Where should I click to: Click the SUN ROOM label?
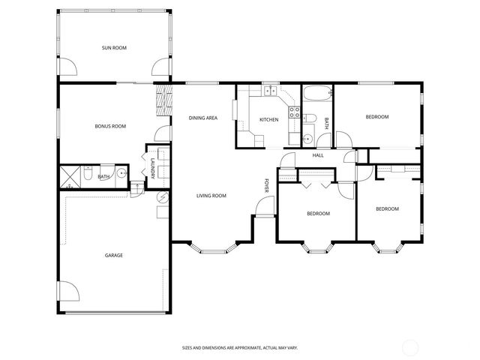tap(114, 48)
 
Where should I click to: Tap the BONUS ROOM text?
tap(109, 127)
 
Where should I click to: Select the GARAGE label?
tap(113, 255)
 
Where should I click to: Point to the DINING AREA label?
tap(202, 118)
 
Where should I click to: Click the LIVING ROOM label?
tap(211, 196)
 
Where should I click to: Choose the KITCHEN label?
tap(268, 120)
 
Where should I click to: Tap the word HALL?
tap(318, 155)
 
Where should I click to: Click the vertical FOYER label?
tap(266, 184)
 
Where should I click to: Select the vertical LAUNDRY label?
tap(152, 170)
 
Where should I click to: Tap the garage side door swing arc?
tap(66, 292)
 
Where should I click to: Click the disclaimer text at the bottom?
tap(239, 347)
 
